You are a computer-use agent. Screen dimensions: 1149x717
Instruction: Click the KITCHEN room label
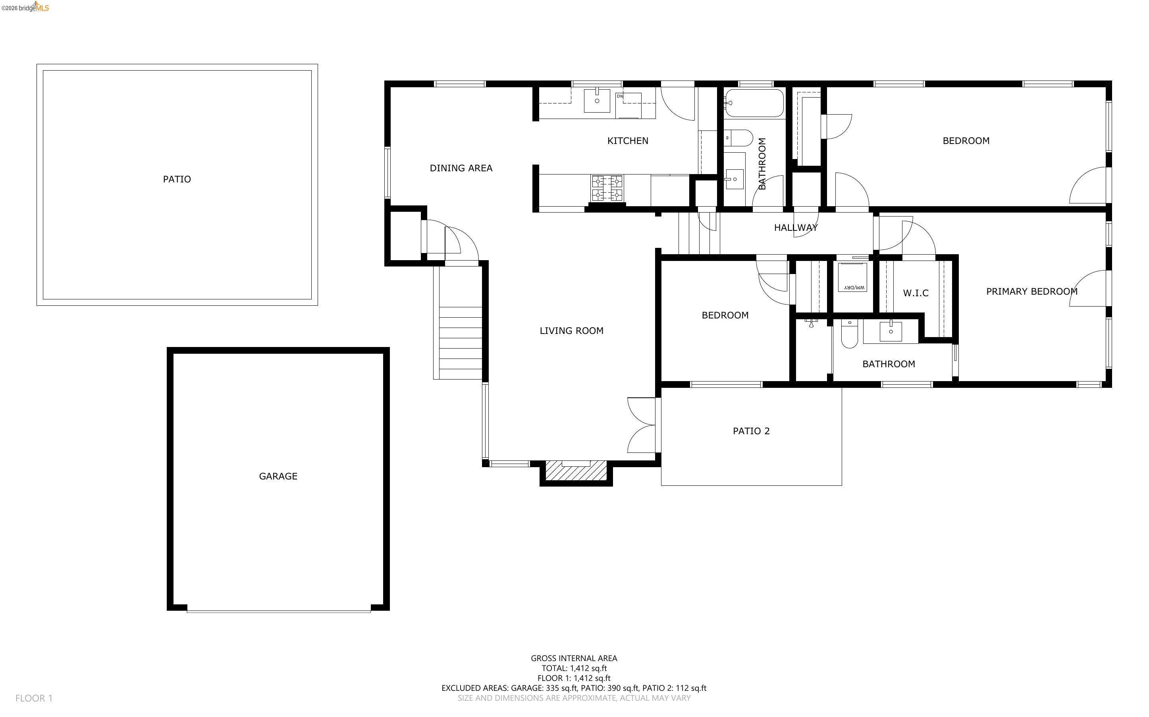click(x=627, y=141)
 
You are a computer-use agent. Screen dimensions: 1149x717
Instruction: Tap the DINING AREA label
click(x=461, y=168)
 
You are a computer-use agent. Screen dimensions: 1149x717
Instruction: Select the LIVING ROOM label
click(x=571, y=330)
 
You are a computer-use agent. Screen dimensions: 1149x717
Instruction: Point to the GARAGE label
click(x=278, y=476)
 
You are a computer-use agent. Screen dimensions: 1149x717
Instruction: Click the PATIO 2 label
click(x=751, y=431)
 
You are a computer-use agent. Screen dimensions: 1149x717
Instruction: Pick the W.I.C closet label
click(x=916, y=293)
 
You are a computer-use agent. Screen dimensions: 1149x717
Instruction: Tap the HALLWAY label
click(x=796, y=228)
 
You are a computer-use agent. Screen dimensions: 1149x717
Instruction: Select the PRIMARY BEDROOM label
click(x=1032, y=291)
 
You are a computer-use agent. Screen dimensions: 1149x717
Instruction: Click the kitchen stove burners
click(x=607, y=188)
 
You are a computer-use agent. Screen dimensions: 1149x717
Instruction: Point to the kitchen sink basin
click(x=597, y=101)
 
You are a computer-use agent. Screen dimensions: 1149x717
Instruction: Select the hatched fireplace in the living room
click(x=576, y=470)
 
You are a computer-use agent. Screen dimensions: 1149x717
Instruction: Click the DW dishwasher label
click(x=620, y=96)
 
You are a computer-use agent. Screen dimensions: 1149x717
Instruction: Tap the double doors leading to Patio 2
click(x=642, y=425)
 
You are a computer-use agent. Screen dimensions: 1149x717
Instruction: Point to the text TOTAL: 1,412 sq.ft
click(x=574, y=668)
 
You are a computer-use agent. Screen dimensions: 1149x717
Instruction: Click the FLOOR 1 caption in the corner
click(x=34, y=698)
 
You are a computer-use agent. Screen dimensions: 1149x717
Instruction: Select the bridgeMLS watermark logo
click(x=25, y=7)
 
